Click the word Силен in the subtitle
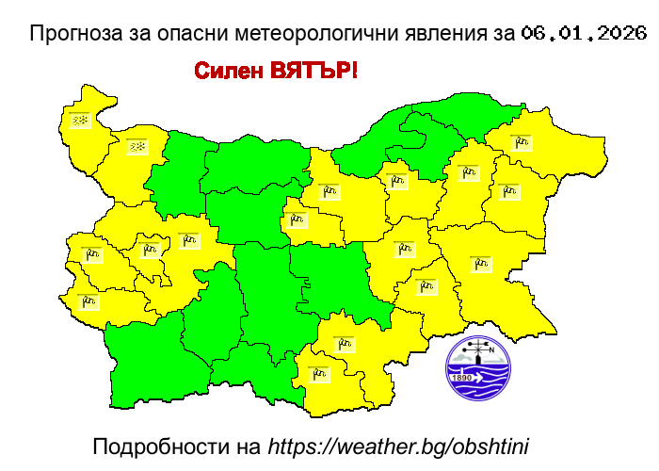[x=229, y=72]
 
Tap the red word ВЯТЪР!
[x=313, y=72]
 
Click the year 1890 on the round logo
[x=462, y=378]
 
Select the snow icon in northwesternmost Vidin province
[x=80, y=121]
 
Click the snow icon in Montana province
[x=137, y=147]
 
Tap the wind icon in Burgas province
[x=481, y=264]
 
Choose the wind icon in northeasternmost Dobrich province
[x=521, y=143]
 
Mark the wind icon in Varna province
[x=508, y=191]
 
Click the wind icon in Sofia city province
[x=149, y=250]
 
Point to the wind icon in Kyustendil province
[x=89, y=301]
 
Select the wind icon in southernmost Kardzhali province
[x=319, y=374]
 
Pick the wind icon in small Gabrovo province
[x=298, y=220]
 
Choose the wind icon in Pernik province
[x=92, y=252]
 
